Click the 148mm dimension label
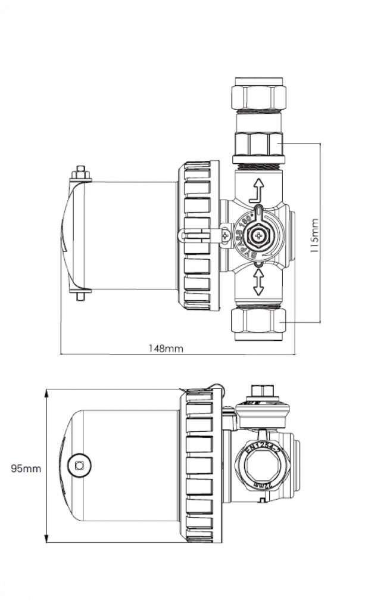click(x=166, y=348)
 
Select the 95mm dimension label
click(x=26, y=468)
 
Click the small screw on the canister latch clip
click(x=224, y=236)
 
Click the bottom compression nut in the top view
click(x=257, y=321)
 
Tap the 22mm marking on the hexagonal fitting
click(x=260, y=485)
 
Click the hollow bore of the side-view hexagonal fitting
click(x=260, y=466)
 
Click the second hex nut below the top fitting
click(x=257, y=144)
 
